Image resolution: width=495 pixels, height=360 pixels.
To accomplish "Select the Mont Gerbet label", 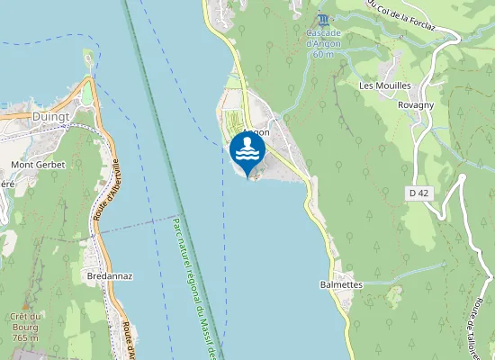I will (x=38, y=165).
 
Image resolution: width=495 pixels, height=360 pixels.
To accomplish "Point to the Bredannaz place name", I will (x=111, y=275).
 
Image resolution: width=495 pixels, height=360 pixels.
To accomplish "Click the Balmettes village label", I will (x=341, y=284).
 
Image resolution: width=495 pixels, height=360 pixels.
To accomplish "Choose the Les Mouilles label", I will (x=384, y=85).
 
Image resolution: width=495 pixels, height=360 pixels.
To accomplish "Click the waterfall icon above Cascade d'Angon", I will (x=323, y=19).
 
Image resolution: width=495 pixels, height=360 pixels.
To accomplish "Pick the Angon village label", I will (x=256, y=132).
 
